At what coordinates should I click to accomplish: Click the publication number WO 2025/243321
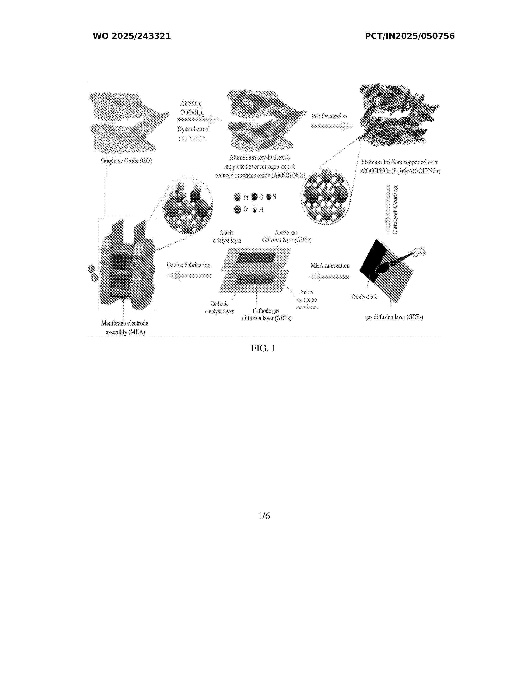coord(132,36)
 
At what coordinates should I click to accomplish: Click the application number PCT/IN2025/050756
coord(410,36)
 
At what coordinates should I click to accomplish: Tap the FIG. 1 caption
coord(263,348)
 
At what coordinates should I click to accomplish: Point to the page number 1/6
coord(264,516)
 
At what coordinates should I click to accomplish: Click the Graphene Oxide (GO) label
coord(126,161)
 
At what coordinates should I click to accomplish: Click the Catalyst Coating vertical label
coord(395,210)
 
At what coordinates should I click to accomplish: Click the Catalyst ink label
coord(364,297)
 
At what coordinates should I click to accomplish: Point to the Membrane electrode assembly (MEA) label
coord(125,328)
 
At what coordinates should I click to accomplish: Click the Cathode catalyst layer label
coord(219,308)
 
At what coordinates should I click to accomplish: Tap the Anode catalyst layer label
coord(227,237)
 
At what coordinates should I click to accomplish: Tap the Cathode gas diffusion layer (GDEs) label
coord(266,315)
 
